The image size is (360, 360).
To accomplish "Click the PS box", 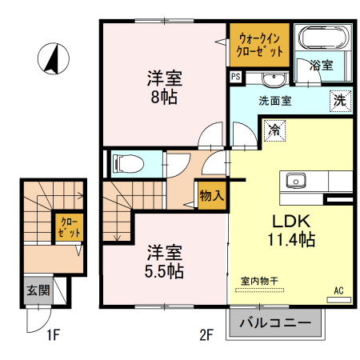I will coord(235,78).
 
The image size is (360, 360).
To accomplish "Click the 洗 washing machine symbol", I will coord(341,102).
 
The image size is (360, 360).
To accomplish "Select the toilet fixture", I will coord(129,164).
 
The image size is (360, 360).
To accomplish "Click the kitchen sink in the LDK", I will coord(293,181).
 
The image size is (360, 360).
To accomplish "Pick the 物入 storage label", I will coord(211,195).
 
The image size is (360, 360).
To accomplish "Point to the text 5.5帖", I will coord(163,271).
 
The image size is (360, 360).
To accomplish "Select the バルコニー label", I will coord(276,325).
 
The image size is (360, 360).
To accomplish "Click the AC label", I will coord(338,290).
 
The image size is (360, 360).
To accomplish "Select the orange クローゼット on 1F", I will coord(64,228).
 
